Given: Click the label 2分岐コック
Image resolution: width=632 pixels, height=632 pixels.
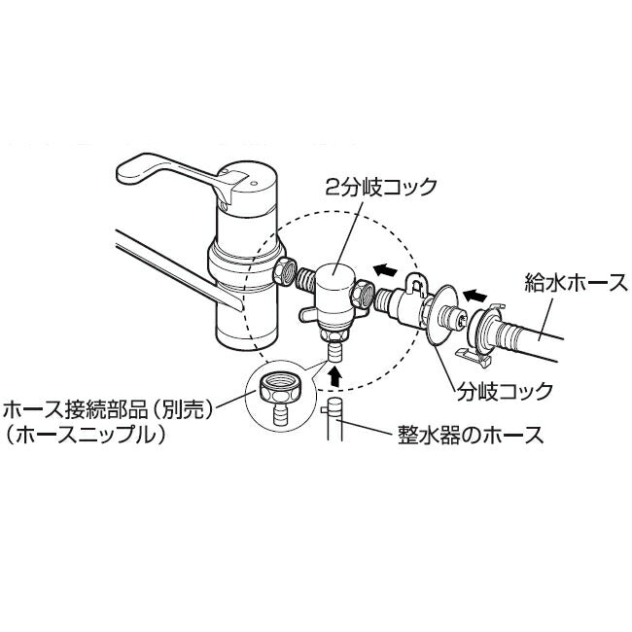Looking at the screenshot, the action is pos(381,187).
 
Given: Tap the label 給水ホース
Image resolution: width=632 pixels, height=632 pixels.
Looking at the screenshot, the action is pos(576,283).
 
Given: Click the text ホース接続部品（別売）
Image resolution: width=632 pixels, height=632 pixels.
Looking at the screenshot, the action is pos(108,410).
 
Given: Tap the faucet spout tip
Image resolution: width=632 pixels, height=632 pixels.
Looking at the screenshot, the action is pos(229,301).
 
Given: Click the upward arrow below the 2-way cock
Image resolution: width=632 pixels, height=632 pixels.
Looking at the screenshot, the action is pos(334,376).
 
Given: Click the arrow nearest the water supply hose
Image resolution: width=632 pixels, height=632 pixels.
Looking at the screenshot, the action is pos(474,296).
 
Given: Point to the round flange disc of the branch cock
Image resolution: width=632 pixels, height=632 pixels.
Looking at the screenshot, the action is pos(439,313).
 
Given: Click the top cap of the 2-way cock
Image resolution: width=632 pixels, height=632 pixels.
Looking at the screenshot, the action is pos(334,275).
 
